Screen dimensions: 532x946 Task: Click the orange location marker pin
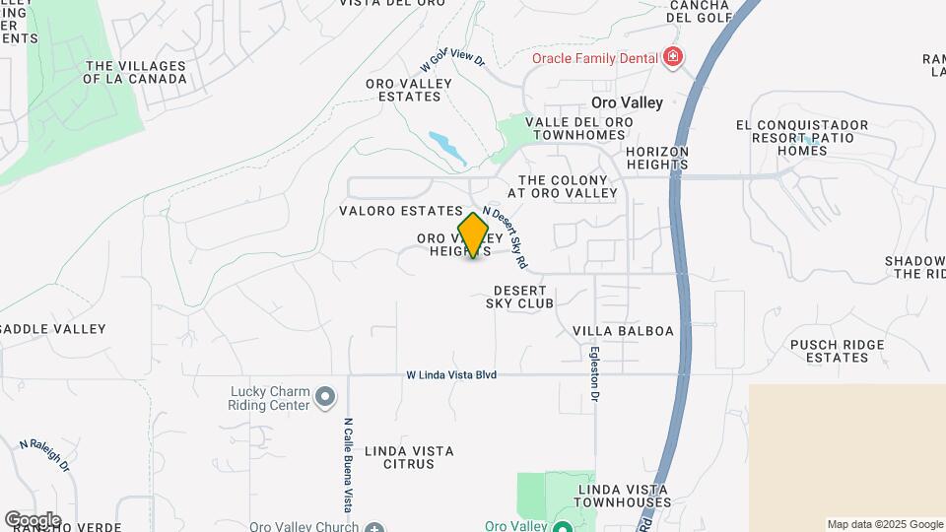[474, 234]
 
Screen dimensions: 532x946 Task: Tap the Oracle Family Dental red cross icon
[673, 58]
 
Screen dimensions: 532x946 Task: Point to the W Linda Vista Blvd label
[451, 375]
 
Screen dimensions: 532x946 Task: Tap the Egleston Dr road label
[594, 371]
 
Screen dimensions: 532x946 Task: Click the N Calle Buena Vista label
[348, 464]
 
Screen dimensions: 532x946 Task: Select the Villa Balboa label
[623, 331]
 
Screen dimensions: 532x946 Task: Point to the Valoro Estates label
[400, 211]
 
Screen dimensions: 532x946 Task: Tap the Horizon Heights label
[656, 158]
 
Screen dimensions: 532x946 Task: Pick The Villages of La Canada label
[136, 72]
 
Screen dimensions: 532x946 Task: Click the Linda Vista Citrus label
[409, 457]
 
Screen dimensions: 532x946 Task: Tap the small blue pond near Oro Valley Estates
[448, 147]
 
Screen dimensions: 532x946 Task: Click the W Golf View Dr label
[452, 61]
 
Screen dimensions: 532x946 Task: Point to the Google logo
[33, 519]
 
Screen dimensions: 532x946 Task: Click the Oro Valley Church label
[304, 527]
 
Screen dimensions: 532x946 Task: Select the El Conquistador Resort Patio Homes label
[802, 138]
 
